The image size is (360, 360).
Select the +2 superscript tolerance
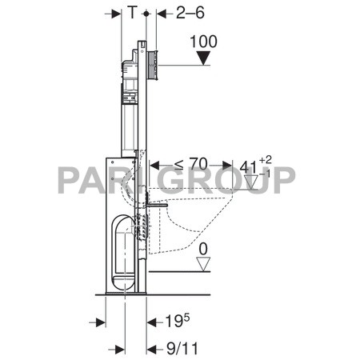[x=269, y=162]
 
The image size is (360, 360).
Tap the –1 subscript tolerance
[x=269, y=174]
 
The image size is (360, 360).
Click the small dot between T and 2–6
[x=144, y=14]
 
